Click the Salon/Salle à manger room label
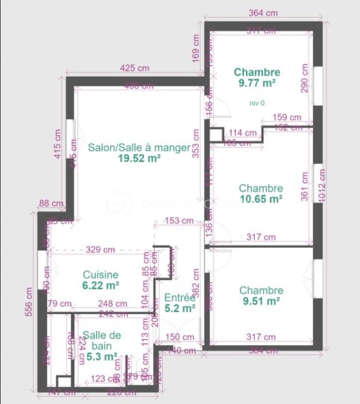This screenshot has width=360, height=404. [139, 147]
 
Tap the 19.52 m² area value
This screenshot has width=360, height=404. [139, 158]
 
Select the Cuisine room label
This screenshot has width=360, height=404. [101, 275]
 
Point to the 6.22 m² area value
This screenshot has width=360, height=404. [101, 285]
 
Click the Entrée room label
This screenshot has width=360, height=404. [180, 298]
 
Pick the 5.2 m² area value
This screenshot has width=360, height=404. [180, 308]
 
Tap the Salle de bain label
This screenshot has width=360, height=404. [101, 340]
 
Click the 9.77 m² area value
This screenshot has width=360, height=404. [257, 83]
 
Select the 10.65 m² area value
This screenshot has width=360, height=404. [261, 199]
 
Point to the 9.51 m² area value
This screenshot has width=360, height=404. [261, 300]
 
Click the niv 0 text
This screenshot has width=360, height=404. [257, 103]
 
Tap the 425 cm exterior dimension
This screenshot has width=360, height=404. [135, 68]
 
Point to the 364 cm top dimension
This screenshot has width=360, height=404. [263, 13]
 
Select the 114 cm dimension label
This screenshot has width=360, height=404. [243, 132]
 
